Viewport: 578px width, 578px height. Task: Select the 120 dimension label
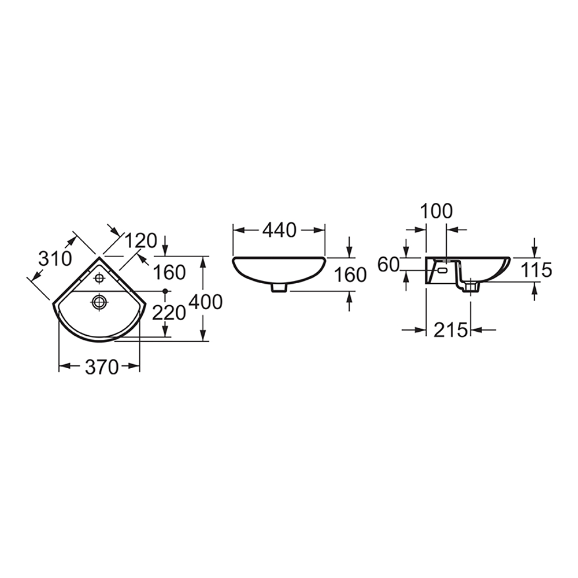(x=141, y=241)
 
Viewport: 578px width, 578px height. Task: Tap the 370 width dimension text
(x=102, y=367)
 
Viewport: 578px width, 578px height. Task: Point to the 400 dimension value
(x=205, y=302)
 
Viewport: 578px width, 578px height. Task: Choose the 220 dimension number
(x=169, y=314)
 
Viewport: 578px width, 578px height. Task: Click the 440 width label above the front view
(x=279, y=231)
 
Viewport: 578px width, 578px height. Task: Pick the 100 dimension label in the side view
(x=436, y=212)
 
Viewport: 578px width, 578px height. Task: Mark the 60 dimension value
(x=388, y=265)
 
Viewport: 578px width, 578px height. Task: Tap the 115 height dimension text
(x=536, y=270)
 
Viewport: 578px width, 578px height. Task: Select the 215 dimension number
(x=450, y=330)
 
